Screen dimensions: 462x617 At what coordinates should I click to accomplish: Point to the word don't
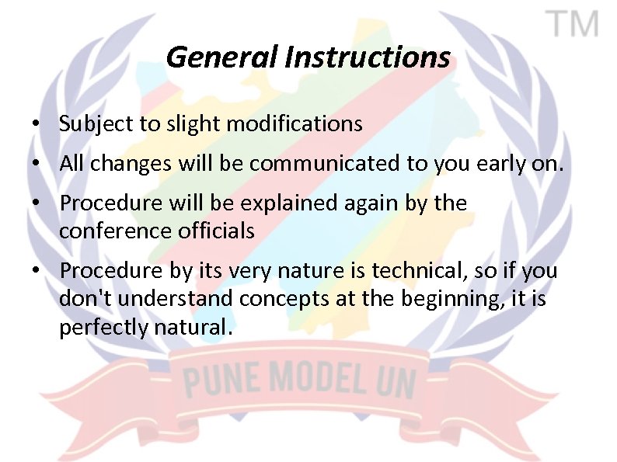(x=82, y=298)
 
